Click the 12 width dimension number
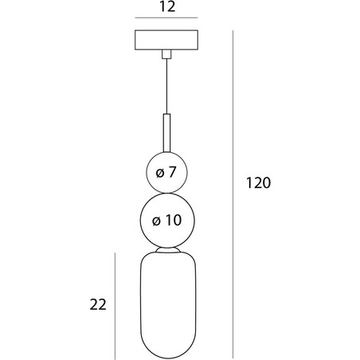tap(167, 6)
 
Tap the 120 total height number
tap(258, 182)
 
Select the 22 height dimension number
tap(98, 304)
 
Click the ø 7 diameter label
tap(166, 172)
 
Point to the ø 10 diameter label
tap(166, 220)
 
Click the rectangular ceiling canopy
tap(166, 40)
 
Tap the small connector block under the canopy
tap(166, 54)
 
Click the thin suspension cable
tap(166, 86)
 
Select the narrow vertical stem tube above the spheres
tap(166, 133)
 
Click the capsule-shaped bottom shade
tap(168, 305)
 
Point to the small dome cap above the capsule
tap(168, 250)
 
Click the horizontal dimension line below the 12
tap(166, 18)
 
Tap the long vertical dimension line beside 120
tap(233, 194)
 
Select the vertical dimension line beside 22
tap(115, 306)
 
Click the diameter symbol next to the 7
tap(160, 174)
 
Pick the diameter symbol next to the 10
tap(156, 221)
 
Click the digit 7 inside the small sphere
tap(172, 172)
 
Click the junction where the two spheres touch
tap(167, 193)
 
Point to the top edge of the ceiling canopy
tap(166, 30)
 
